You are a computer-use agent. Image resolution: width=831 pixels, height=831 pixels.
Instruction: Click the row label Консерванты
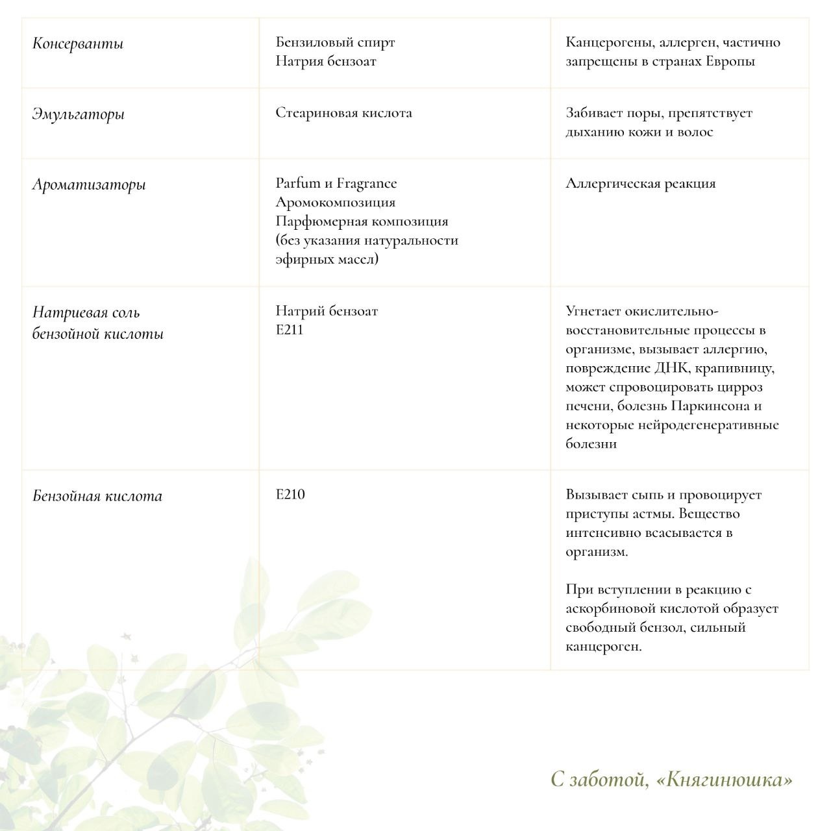[x=78, y=44]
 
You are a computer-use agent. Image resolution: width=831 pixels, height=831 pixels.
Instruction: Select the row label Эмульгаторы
[x=79, y=114]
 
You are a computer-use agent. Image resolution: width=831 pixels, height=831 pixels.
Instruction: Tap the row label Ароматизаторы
[x=90, y=184]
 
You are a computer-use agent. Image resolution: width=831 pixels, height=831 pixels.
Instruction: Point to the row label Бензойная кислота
[x=97, y=497]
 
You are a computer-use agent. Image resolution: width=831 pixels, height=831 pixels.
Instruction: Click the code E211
[x=289, y=330]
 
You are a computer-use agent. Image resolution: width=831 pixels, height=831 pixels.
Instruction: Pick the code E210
[x=290, y=495]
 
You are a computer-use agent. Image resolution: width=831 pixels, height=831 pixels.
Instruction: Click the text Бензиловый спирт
[x=335, y=43]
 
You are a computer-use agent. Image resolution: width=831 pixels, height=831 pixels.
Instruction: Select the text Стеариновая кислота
[x=343, y=113]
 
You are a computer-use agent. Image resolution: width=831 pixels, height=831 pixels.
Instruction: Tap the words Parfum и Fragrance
[x=336, y=184]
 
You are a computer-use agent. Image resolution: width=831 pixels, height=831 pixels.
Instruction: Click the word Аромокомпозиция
[x=335, y=203]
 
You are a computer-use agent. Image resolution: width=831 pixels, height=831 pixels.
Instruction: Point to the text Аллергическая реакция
[x=640, y=184]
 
